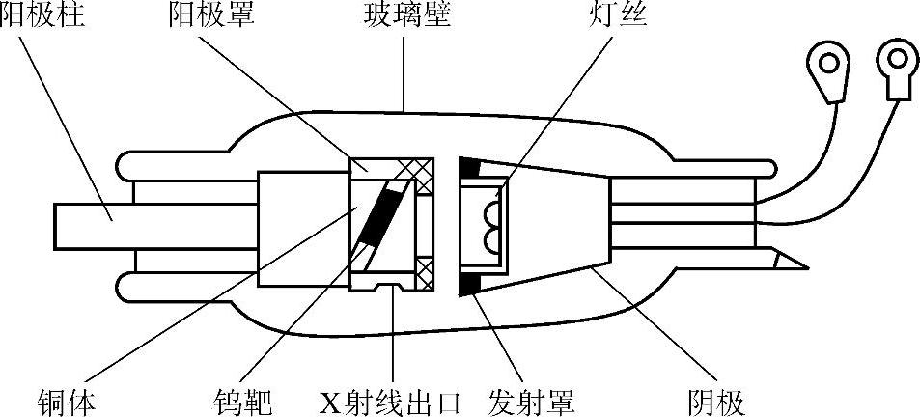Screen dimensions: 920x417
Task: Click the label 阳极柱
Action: click(42, 16)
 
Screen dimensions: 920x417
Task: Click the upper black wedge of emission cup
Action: click(470, 167)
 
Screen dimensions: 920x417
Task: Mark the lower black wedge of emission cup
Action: click(474, 282)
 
